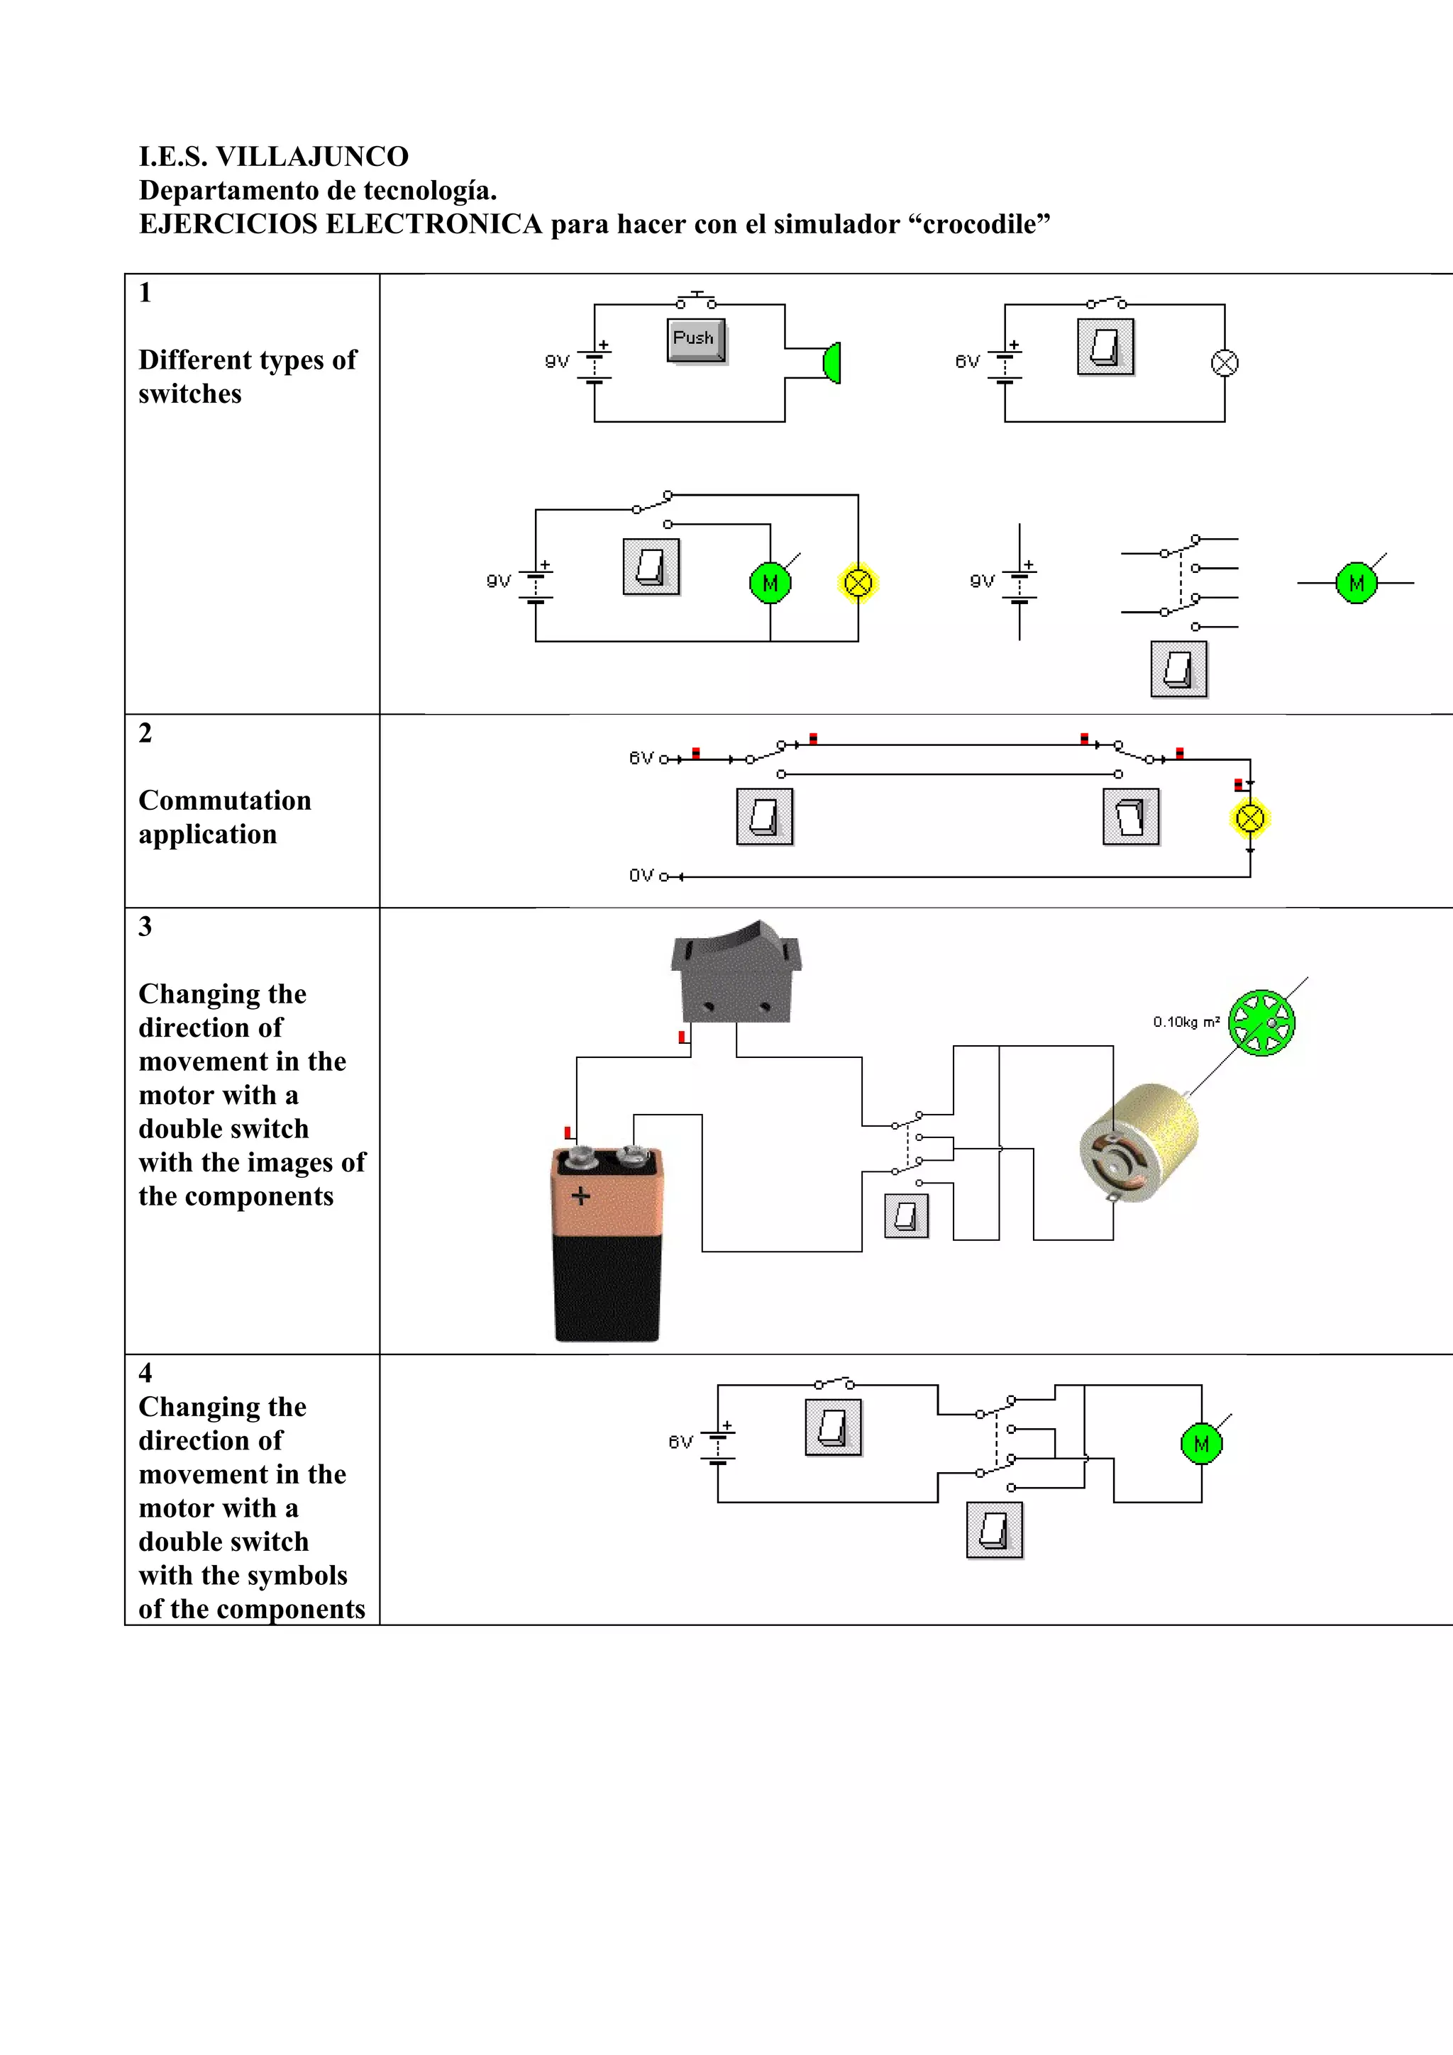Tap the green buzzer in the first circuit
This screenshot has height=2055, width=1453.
point(832,362)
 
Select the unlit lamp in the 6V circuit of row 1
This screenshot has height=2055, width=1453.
point(1224,362)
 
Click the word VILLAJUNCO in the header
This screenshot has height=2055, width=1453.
point(311,157)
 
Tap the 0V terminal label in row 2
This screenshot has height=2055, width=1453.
point(641,875)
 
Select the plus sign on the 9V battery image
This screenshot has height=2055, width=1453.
point(580,1196)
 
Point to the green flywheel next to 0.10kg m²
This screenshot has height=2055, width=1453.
point(1261,1022)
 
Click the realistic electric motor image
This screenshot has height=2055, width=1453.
point(1139,1143)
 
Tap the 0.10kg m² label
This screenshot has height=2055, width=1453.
point(1186,1022)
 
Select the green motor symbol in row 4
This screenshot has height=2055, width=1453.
point(1200,1444)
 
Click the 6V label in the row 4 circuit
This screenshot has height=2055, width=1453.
point(680,1442)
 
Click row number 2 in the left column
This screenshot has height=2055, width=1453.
point(145,733)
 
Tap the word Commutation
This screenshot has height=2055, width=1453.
point(225,800)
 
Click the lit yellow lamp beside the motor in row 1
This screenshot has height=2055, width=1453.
point(858,584)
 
